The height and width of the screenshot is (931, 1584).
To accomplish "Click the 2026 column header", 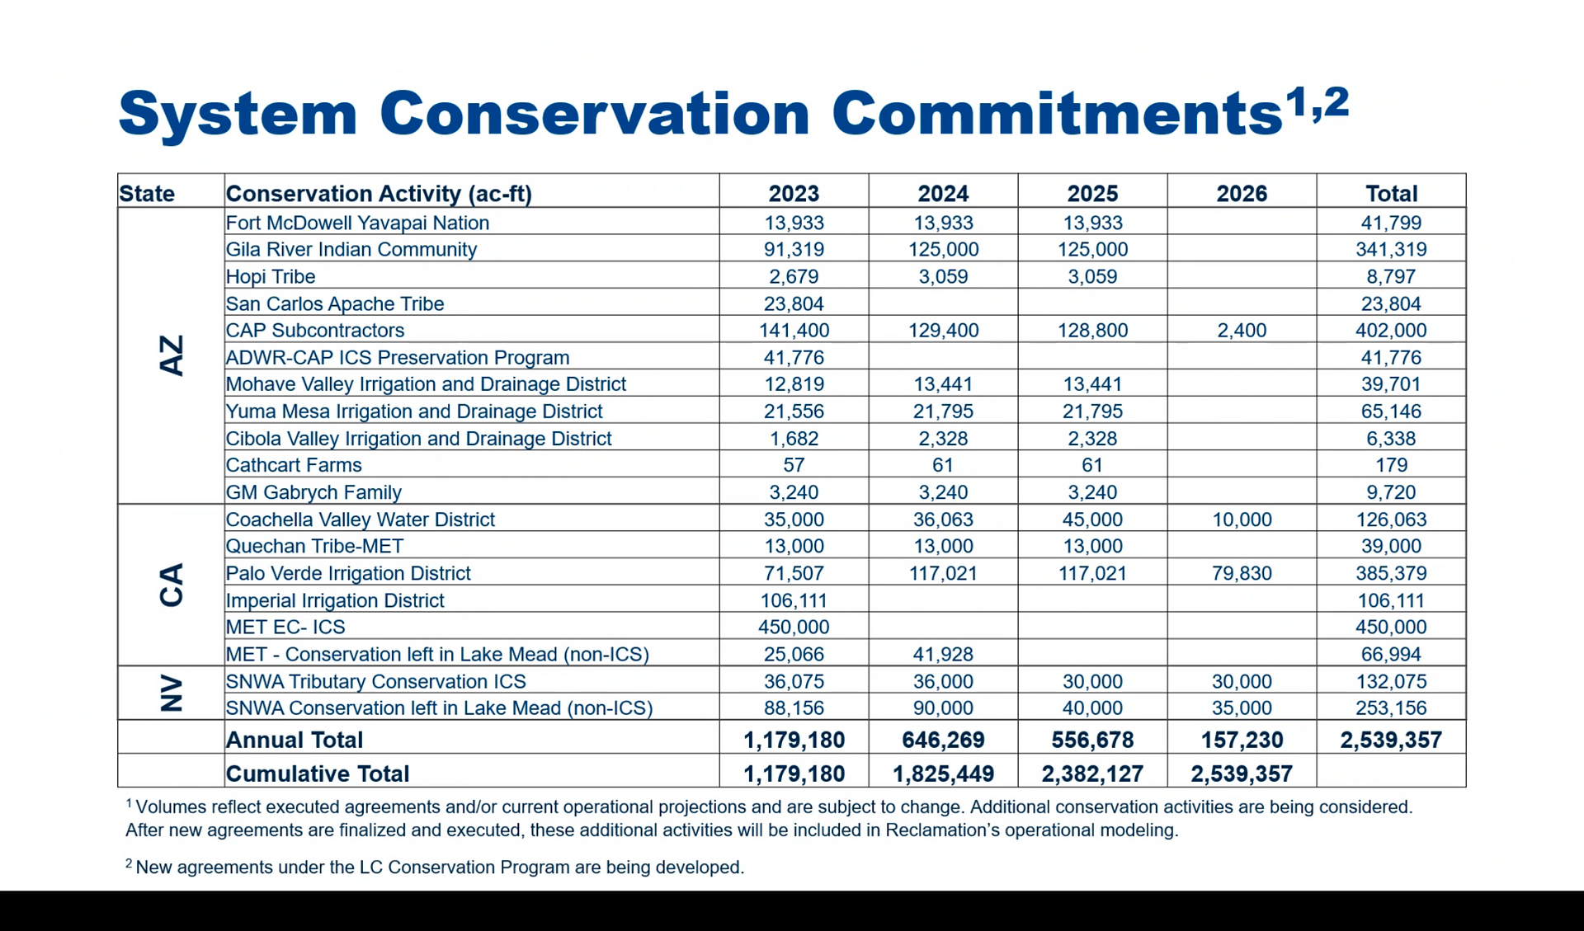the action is tap(1241, 194).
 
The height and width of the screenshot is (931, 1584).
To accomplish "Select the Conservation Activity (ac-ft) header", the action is tap(379, 194).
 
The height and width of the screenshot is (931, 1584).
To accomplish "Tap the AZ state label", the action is tap(171, 355).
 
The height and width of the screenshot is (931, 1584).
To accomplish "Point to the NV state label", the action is tap(171, 693).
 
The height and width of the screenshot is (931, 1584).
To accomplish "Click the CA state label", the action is tap(171, 585).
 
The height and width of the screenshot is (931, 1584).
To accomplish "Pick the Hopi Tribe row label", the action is tap(271, 276).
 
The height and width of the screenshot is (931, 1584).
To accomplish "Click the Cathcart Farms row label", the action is tap(294, 465).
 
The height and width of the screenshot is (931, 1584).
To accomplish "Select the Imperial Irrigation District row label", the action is tap(335, 600).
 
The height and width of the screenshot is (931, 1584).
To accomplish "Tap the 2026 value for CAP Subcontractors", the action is tap(1242, 331).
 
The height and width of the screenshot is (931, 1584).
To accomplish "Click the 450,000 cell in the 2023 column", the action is tap(794, 627).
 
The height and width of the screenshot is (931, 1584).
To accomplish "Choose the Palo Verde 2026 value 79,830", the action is tap(1242, 573).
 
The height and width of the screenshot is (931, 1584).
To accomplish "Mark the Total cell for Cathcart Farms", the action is tap(1391, 465).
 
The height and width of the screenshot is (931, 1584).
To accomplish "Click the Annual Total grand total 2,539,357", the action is tap(1391, 740).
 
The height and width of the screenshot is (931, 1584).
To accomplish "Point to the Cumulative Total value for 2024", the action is tap(943, 773).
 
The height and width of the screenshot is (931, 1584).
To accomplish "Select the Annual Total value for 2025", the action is tap(1092, 740).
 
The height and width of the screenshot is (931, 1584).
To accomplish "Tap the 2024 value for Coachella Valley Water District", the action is tap(943, 520).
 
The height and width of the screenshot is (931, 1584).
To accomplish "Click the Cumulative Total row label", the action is tap(318, 773).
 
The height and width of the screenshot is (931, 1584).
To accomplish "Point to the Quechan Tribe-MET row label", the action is tap(315, 546).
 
